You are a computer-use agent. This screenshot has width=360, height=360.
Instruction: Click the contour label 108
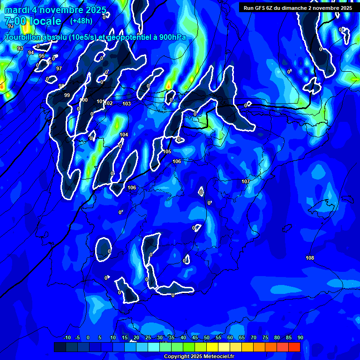[x=310, y=258]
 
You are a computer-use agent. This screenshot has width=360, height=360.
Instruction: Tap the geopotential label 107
[x=246, y=181]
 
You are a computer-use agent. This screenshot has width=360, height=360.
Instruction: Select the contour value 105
[x=167, y=151]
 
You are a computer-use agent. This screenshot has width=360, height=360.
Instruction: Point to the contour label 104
[x=124, y=135]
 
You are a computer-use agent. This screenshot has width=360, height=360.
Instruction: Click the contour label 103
[x=127, y=104]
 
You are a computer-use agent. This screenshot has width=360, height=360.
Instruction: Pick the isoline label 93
[x=20, y=48]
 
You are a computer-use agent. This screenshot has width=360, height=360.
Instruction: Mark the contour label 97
[x=59, y=68]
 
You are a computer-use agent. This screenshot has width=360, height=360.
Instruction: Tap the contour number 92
[x=11, y=26]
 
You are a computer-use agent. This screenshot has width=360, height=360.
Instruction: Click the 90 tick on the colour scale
[x=300, y=337]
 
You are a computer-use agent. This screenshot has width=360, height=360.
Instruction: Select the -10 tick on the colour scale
[x=67, y=337]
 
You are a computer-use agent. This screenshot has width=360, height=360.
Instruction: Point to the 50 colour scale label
[x=207, y=337]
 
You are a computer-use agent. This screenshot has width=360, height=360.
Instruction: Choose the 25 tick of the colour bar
[x=148, y=337]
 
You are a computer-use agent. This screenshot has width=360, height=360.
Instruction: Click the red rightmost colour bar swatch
[x=294, y=347]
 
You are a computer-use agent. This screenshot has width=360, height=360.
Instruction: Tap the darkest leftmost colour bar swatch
[x=60, y=347]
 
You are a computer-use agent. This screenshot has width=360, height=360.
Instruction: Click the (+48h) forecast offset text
[x=81, y=21]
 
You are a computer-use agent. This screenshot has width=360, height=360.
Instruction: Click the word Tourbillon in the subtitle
[x=22, y=37]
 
